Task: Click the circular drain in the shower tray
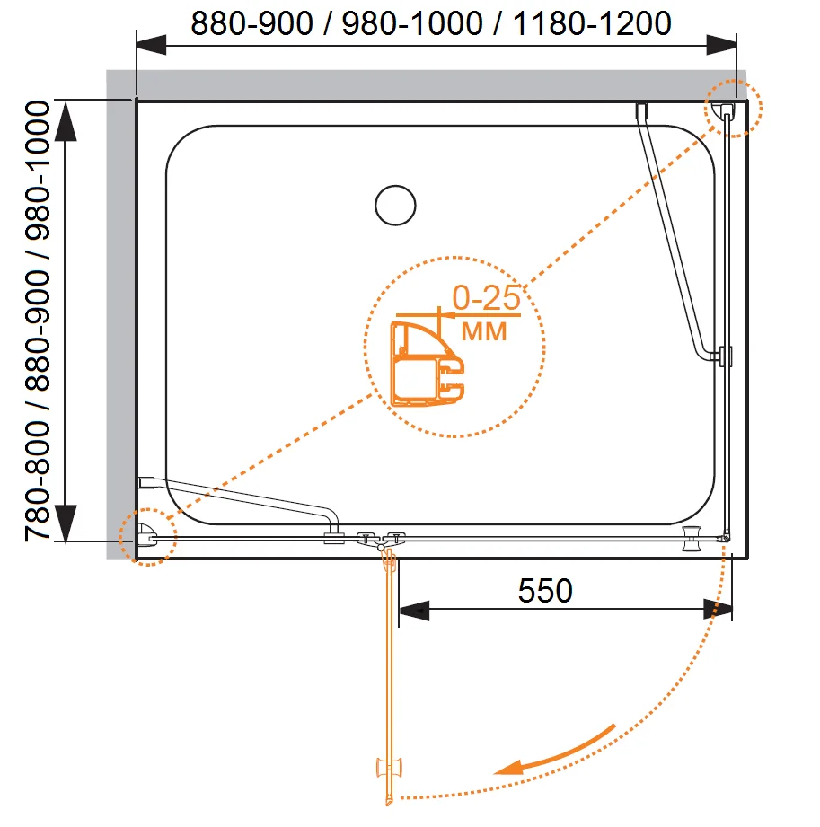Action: click(395, 205)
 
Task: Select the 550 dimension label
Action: click(545, 590)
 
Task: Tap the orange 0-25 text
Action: click(487, 297)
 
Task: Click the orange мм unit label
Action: click(484, 331)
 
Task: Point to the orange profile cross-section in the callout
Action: click(427, 364)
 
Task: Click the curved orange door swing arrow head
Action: click(508, 768)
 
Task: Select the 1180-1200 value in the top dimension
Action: click(592, 23)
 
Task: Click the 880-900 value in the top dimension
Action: click(251, 23)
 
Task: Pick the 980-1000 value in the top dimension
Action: click(412, 23)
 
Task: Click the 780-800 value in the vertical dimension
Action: click(38, 481)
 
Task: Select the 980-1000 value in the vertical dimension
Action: click(38, 171)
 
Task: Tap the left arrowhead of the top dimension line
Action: click(152, 45)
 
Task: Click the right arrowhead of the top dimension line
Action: click(721, 45)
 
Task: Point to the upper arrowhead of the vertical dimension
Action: click(66, 121)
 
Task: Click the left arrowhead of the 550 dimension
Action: click(414, 611)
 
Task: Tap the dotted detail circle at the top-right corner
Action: click(734, 109)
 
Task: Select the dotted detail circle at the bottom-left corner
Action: click(148, 537)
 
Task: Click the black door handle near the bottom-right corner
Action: click(692, 538)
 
